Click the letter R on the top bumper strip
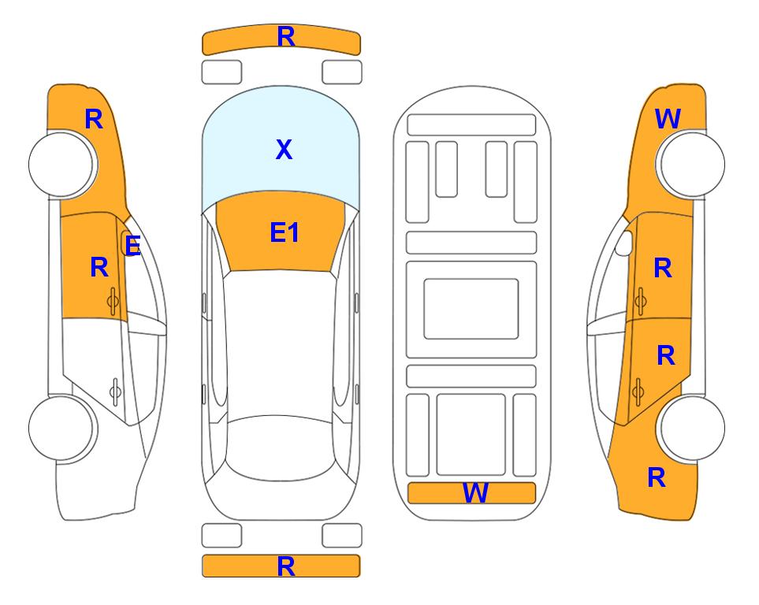pyautogui.click(x=286, y=36)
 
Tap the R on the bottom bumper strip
pyautogui.click(x=286, y=566)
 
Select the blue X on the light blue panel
pyautogui.click(x=284, y=149)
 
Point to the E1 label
pyautogui.click(x=285, y=232)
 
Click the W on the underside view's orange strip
pyautogui.click(x=475, y=493)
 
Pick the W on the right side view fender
pyautogui.click(x=668, y=119)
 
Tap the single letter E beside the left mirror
pyautogui.click(x=132, y=246)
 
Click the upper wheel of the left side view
pyautogui.click(x=62, y=164)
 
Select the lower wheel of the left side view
pyautogui.click(x=62, y=428)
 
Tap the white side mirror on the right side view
pyautogui.click(x=624, y=243)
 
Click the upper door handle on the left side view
pyautogui.click(x=113, y=301)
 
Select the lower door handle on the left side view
pyautogui.click(x=115, y=391)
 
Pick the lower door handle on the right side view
pyautogui.click(x=638, y=391)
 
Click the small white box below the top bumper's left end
pyautogui.click(x=221, y=72)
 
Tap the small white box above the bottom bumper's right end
pyautogui.click(x=342, y=536)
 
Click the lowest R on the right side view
pyautogui.click(x=657, y=477)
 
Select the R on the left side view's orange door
pyautogui.click(x=99, y=267)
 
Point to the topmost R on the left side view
pyautogui.click(x=94, y=119)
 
